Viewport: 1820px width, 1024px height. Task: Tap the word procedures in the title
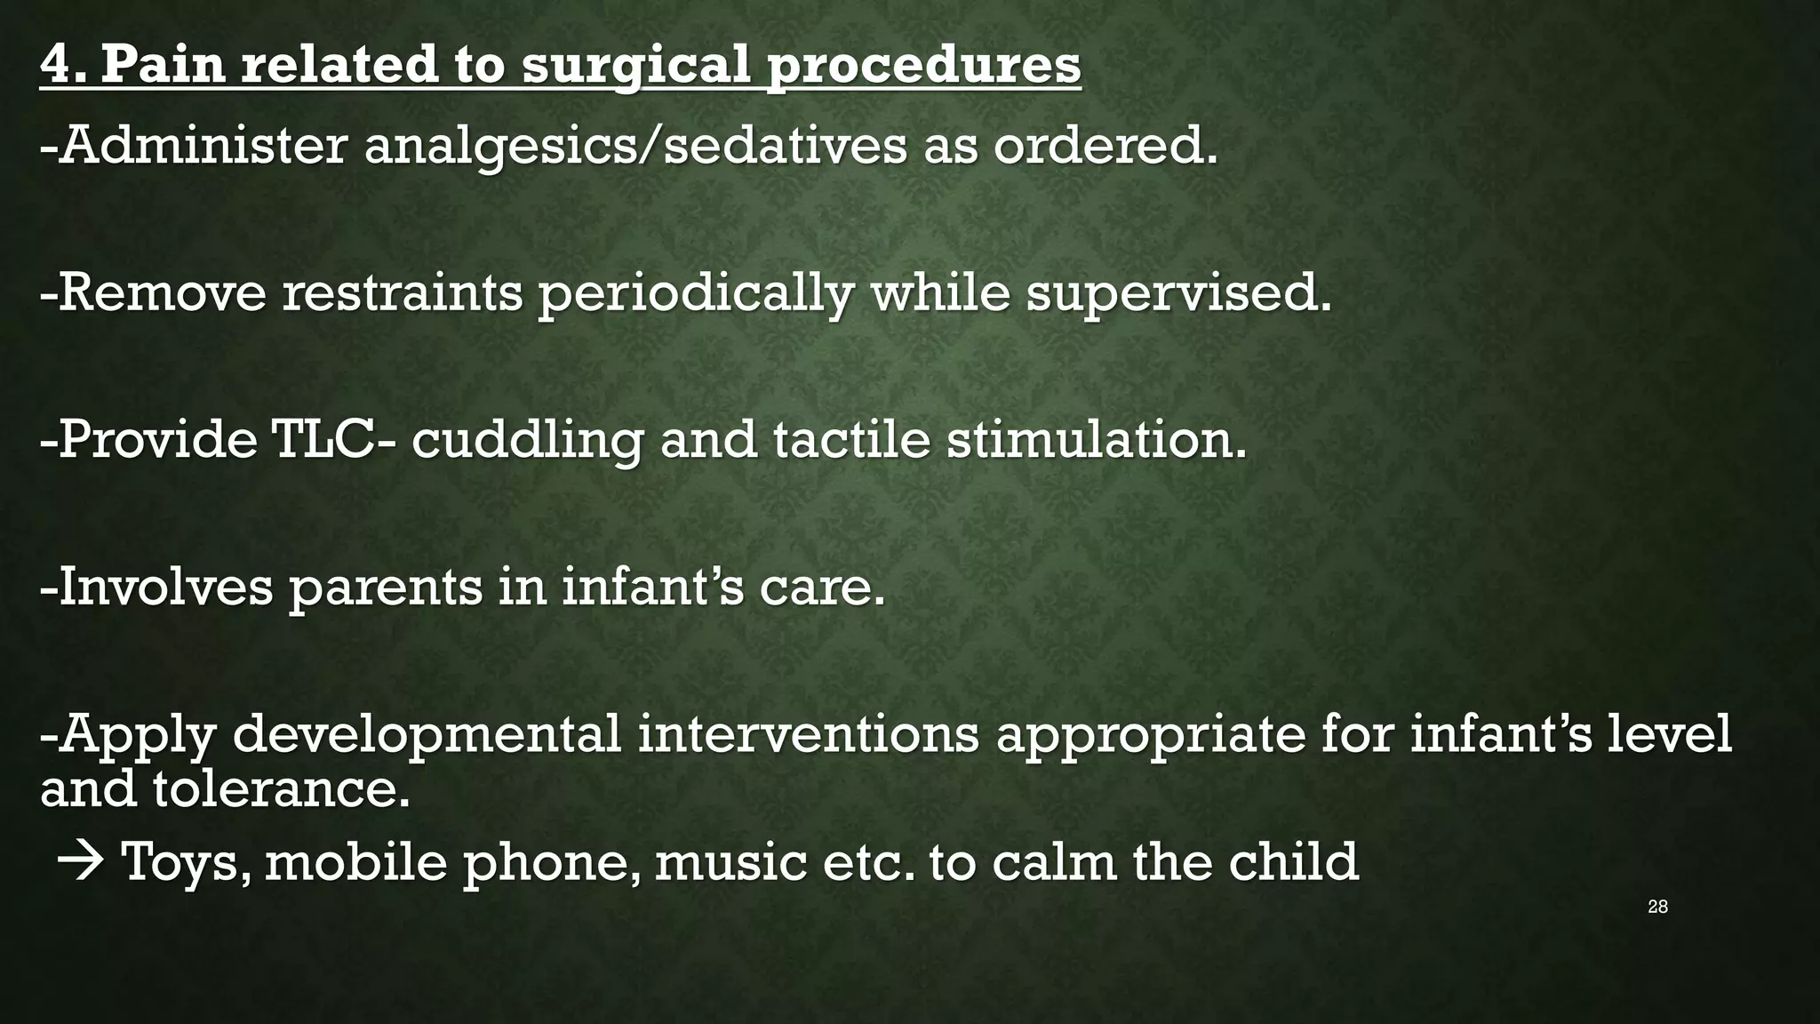point(923,66)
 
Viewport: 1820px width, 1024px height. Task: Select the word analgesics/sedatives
point(635,147)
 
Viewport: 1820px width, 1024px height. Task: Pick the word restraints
point(403,292)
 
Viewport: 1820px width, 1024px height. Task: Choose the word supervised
point(1178,294)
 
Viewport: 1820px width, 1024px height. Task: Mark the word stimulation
point(1096,439)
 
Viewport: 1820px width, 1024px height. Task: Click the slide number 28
point(1657,907)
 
